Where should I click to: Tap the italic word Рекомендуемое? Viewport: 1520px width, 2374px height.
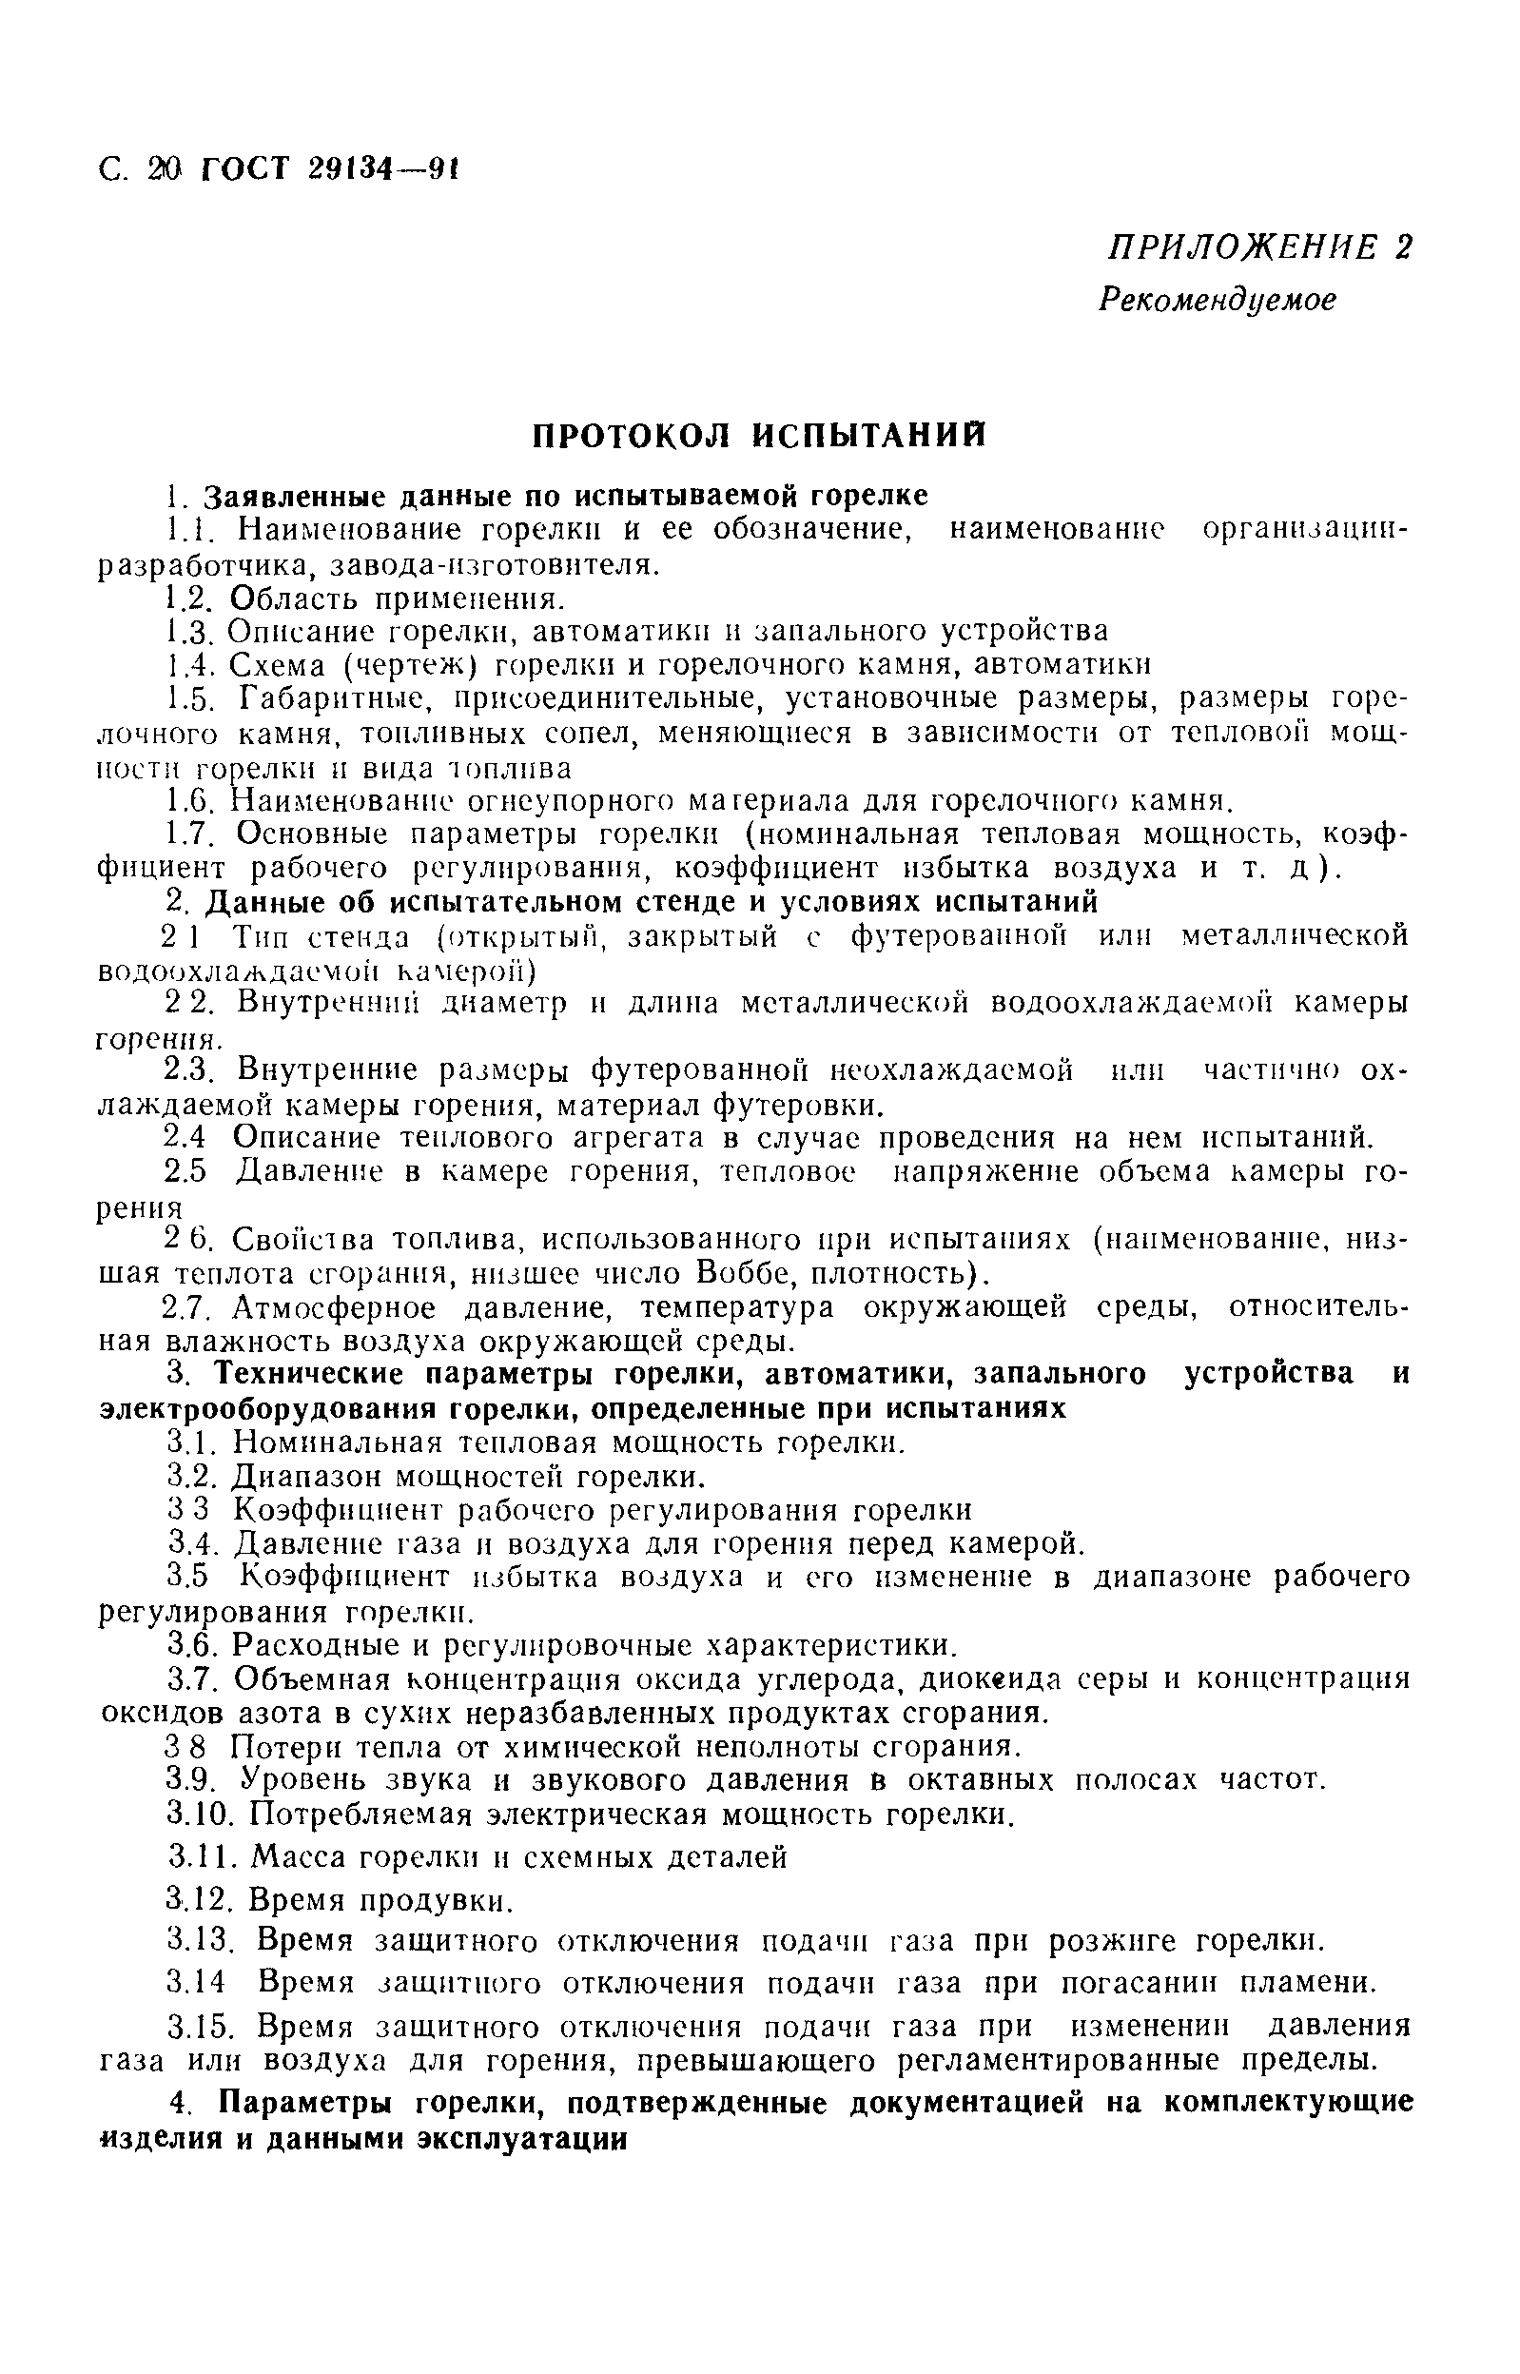coord(1217,299)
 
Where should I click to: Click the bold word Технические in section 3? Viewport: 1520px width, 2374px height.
coord(326,1376)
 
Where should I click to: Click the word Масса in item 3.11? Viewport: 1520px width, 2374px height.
coord(297,1857)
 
